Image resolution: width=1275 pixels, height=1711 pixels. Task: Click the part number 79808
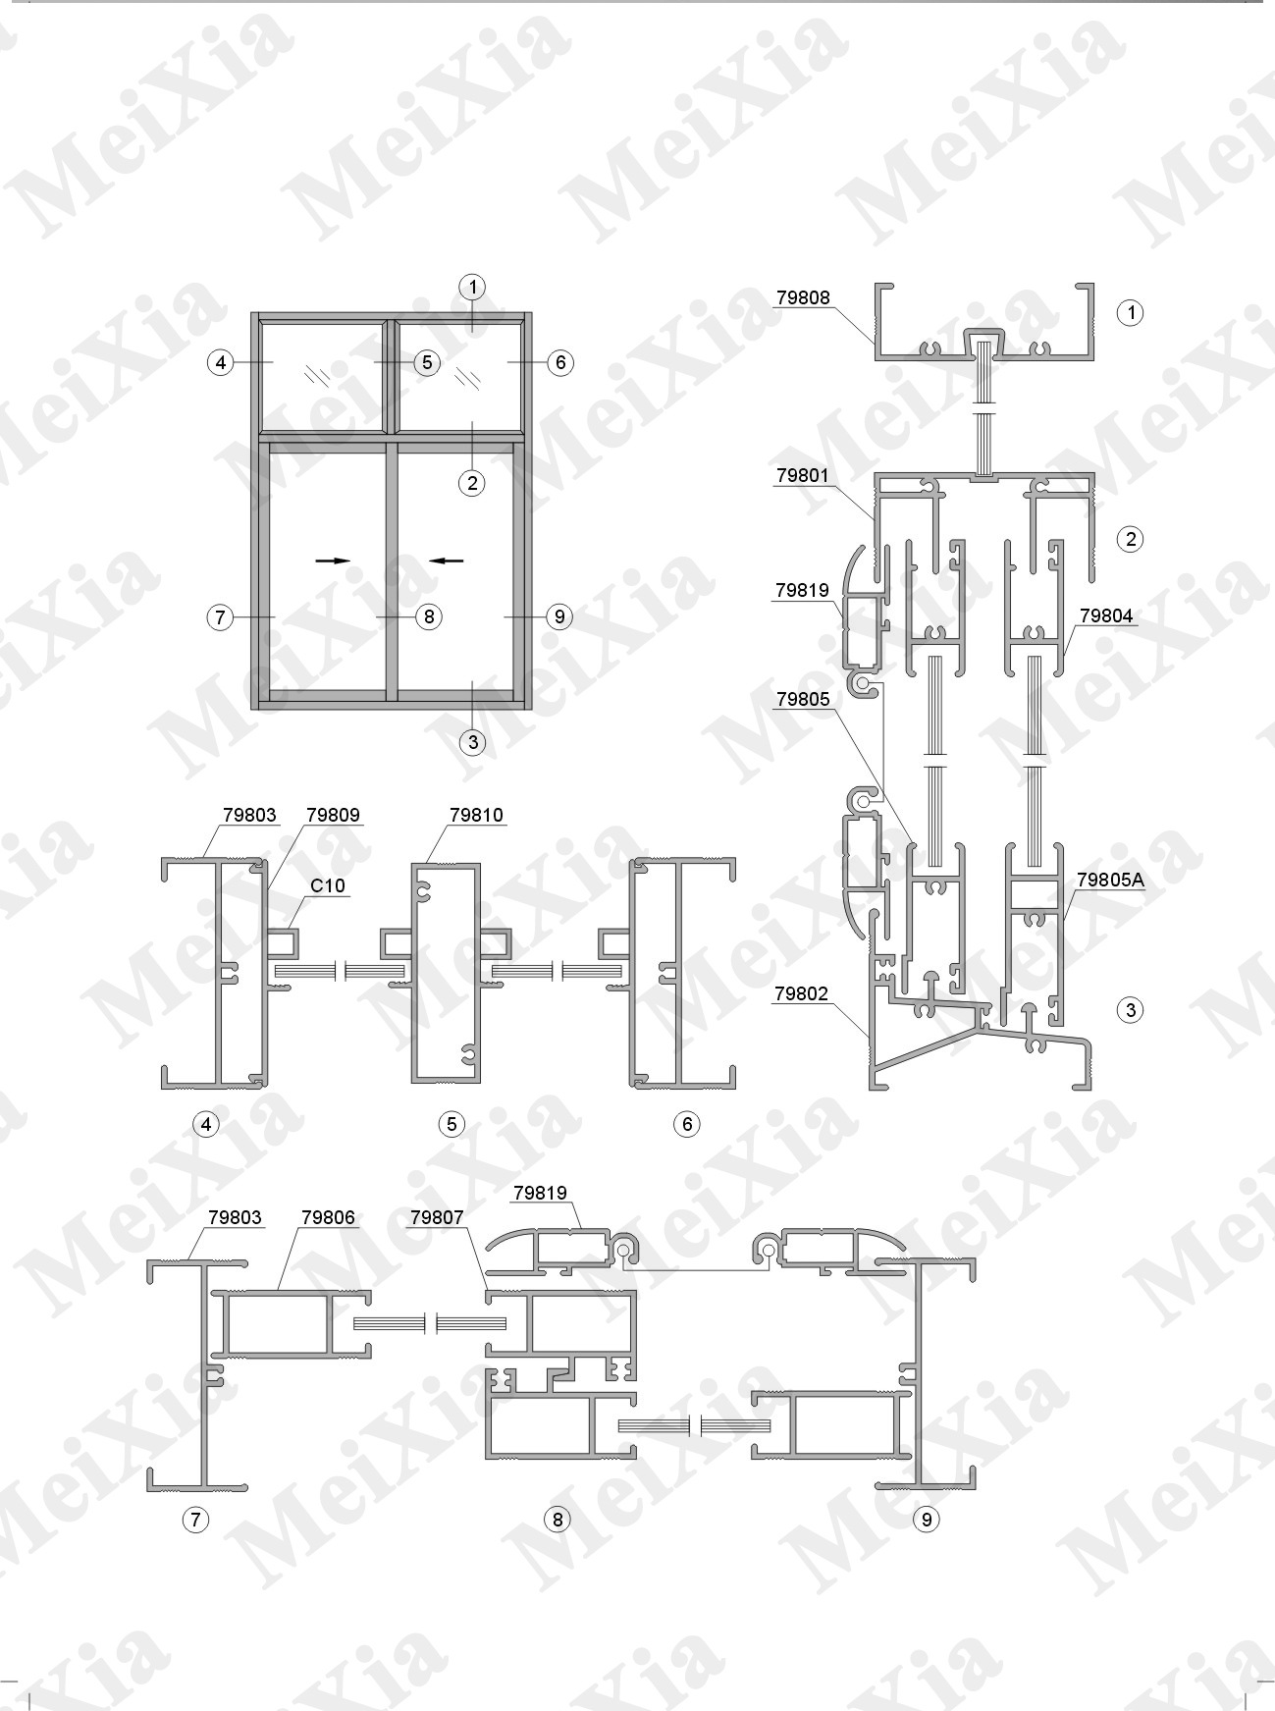(803, 297)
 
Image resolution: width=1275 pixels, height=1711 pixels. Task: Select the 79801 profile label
(803, 476)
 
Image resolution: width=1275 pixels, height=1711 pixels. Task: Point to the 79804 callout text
(1106, 616)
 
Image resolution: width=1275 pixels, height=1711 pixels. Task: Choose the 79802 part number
(802, 994)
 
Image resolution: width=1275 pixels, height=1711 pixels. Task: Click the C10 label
(328, 885)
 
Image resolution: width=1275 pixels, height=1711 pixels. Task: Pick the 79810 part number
(476, 815)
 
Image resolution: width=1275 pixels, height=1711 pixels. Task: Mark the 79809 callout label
(333, 815)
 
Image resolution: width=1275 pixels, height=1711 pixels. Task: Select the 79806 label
(328, 1218)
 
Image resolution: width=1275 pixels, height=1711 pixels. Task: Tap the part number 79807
(437, 1218)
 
